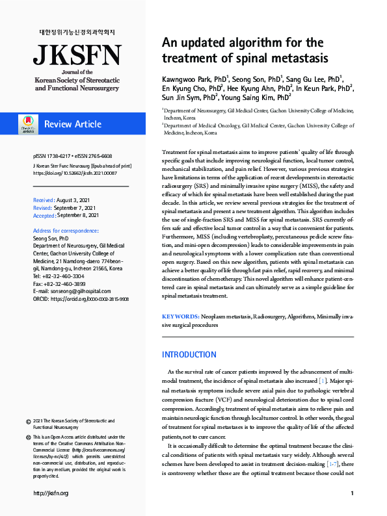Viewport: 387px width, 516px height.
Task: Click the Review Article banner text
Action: [73, 123]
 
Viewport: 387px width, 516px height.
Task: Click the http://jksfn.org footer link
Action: [51, 493]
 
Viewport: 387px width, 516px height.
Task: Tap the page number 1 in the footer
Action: [352, 493]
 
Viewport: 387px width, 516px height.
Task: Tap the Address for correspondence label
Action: [66, 231]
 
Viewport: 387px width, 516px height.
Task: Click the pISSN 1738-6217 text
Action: [54, 156]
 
